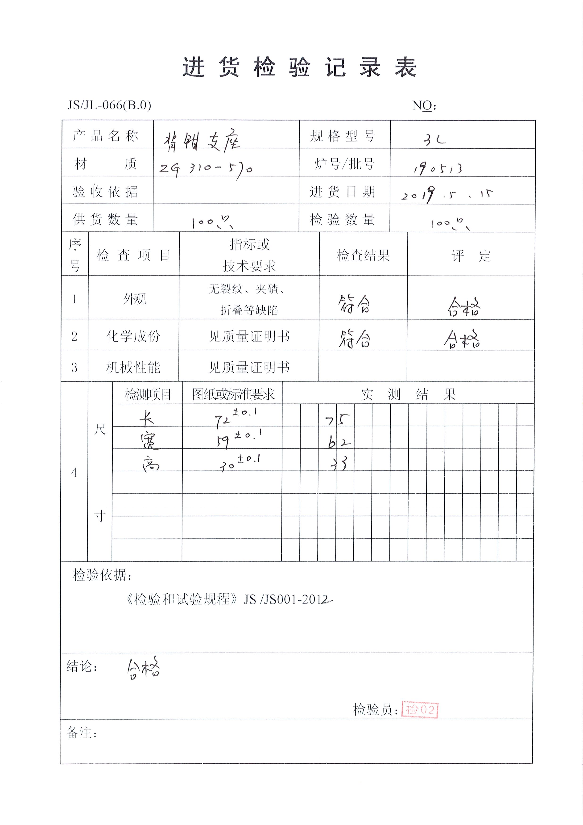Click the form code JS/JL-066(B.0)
point(109,105)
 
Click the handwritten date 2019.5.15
point(447,194)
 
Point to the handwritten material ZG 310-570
point(206,168)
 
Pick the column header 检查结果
point(363,255)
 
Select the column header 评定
point(471,256)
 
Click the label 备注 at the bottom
point(82,733)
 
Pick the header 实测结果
point(408,394)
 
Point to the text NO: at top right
point(424,105)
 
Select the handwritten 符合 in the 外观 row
point(354,304)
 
